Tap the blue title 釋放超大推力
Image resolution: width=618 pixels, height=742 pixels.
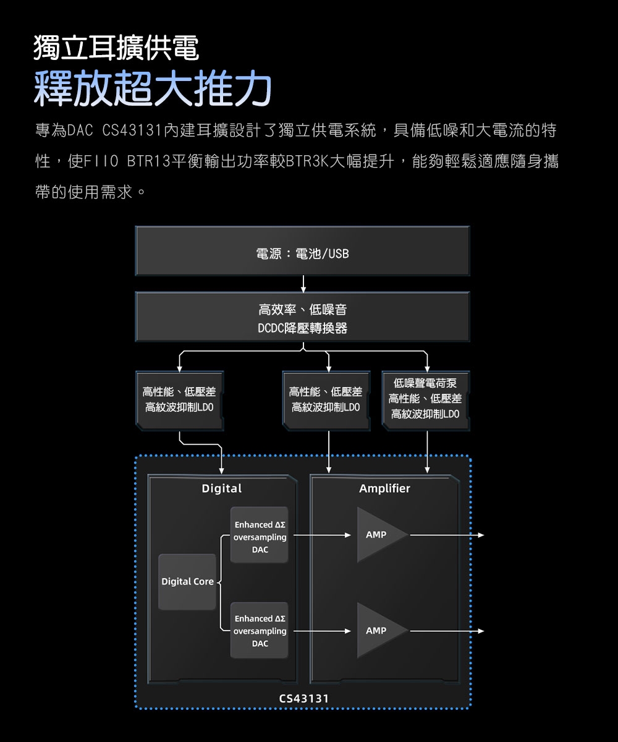pos(153,88)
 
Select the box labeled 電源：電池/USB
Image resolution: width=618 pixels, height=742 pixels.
pos(302,252)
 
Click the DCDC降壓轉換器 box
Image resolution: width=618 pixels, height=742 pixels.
pos(302,318)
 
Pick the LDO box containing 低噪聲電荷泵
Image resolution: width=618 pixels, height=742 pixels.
pos(426,399)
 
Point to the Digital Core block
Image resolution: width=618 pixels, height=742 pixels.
pos(187,582)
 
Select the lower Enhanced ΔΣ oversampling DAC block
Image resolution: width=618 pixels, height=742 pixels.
pos(260,631)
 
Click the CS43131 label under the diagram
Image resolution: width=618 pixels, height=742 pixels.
pos(303,699)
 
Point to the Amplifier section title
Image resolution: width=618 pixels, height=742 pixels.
pos(384,489)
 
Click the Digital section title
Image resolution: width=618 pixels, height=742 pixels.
pos(222,489)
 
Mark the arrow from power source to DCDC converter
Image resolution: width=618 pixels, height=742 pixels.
pos(303,284)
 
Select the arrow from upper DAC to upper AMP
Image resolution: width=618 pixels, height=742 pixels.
pos(321,535)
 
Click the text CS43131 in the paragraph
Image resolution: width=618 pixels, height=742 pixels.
pos(132,131)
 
